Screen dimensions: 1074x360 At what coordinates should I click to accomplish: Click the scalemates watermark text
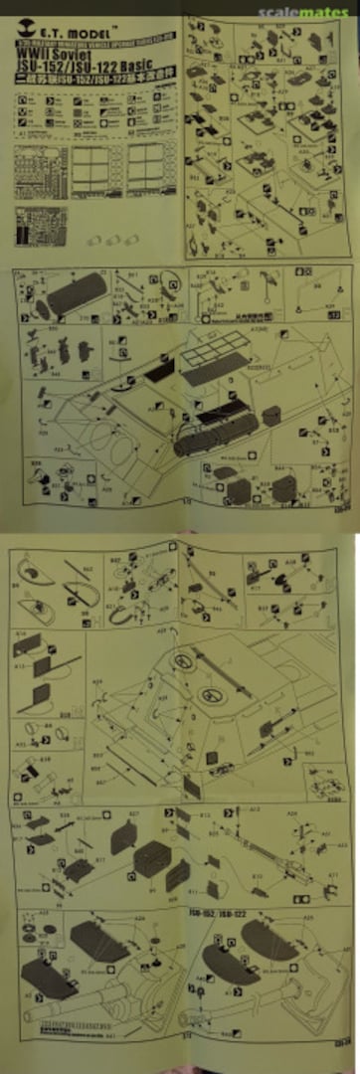click(304, 13)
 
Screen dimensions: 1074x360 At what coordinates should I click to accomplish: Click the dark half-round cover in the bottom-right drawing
click(235, 961)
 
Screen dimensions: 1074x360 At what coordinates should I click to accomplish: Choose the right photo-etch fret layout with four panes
click(146, 165)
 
